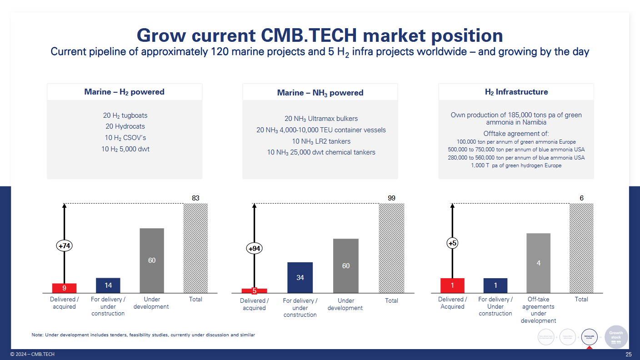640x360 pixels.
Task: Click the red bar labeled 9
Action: tap(64, 288)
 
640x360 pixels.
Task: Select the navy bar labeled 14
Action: tap(108, 285)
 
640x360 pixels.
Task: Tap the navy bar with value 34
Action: tap(300, 277)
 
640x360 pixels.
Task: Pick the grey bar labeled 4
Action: tap(538, 263)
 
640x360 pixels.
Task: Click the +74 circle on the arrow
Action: tap(65, 246)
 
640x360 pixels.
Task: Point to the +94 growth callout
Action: tap(255, 249)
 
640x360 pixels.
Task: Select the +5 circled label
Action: tap(452, 244)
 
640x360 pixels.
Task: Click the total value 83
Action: tap(195, 198)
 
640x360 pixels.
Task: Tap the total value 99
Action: tap(391, 198)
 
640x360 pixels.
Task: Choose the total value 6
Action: tap(581, 198)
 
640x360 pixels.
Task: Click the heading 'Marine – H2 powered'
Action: tap(124, 92)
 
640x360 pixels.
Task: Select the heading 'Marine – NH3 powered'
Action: tap(320, 93)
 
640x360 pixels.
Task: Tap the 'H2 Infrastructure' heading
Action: tap(516, 92)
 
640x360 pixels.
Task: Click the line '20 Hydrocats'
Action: tap(125, 126)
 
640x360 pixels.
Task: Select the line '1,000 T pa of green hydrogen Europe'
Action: tap(516, 165)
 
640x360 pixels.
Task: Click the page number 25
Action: tap(629, 355)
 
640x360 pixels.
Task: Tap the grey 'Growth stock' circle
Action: tap(616, 337)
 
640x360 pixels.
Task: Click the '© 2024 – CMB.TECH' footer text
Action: tap(32, 355)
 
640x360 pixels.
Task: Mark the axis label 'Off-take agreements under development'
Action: tap(538, 310)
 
